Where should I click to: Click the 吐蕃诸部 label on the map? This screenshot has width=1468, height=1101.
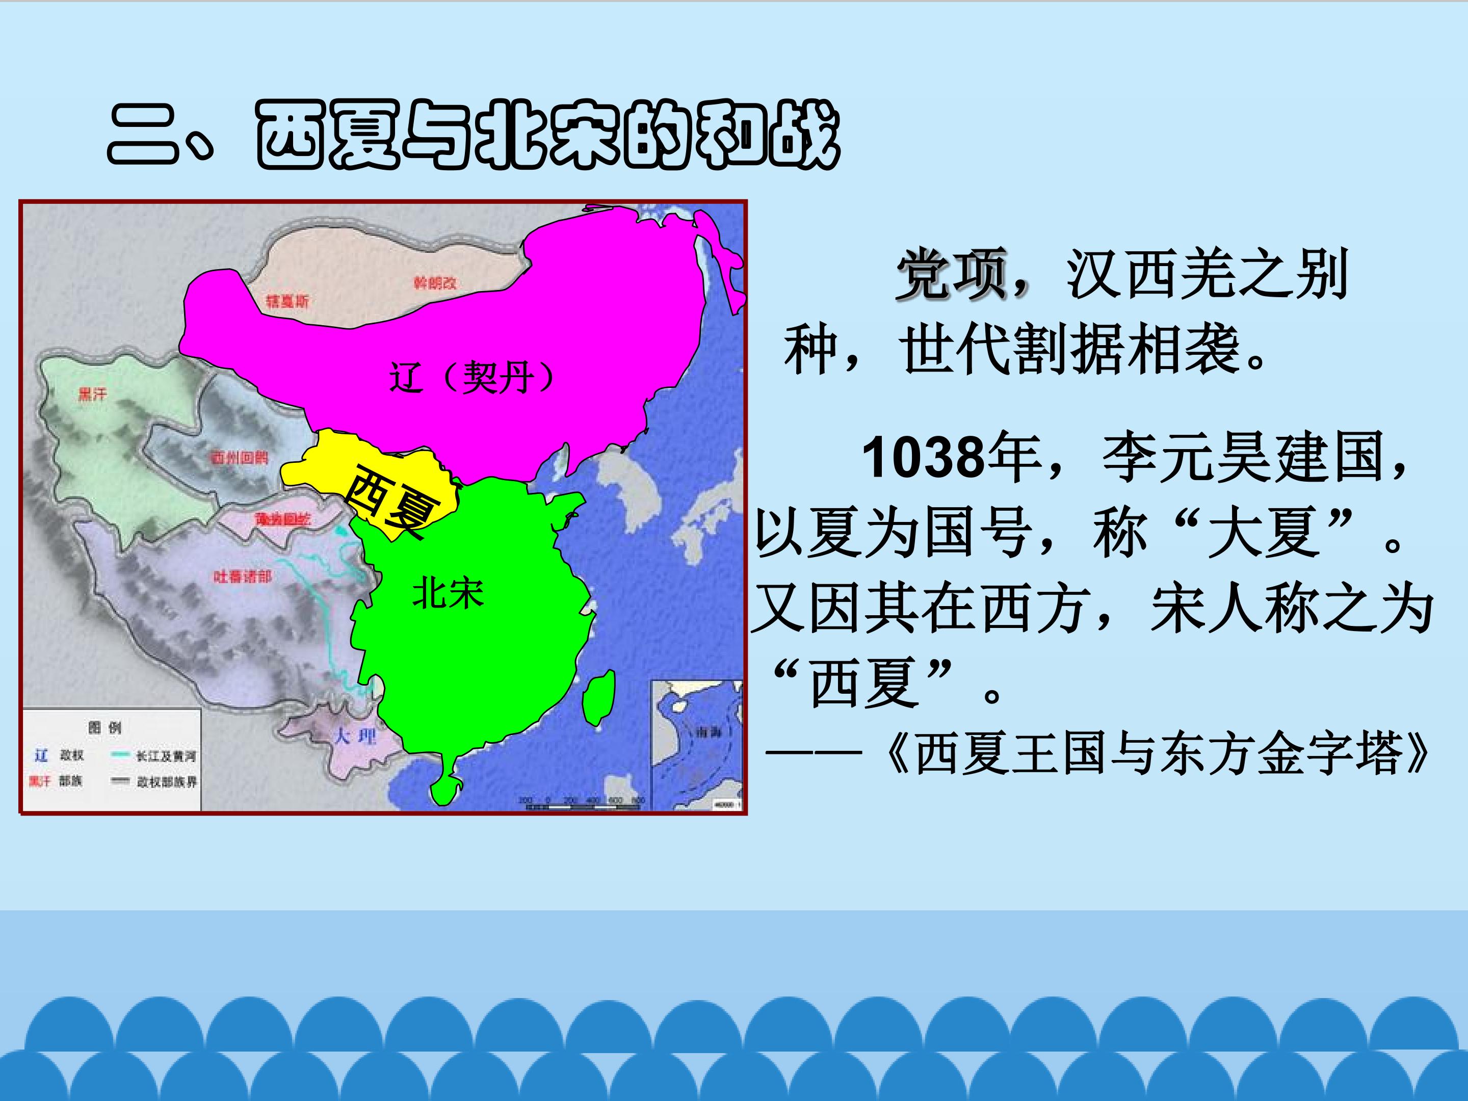coord(242,576)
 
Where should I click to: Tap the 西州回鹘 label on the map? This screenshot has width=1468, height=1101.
coord(239,458)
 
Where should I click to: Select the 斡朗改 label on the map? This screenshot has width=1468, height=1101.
coord(435,283)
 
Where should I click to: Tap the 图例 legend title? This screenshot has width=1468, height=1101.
coord(105,727)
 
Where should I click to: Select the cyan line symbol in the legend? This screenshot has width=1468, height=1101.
coord(121,754)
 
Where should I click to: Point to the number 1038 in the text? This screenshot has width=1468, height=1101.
coord(924,458)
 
